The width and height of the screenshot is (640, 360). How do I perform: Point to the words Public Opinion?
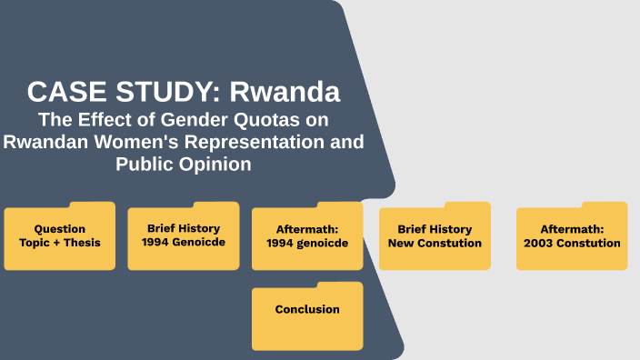184,165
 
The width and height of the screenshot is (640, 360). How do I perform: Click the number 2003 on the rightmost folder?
543,243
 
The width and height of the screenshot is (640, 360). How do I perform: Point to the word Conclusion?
307,310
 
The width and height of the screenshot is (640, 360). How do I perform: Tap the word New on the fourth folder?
402,243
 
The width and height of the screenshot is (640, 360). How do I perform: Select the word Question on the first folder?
60,229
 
